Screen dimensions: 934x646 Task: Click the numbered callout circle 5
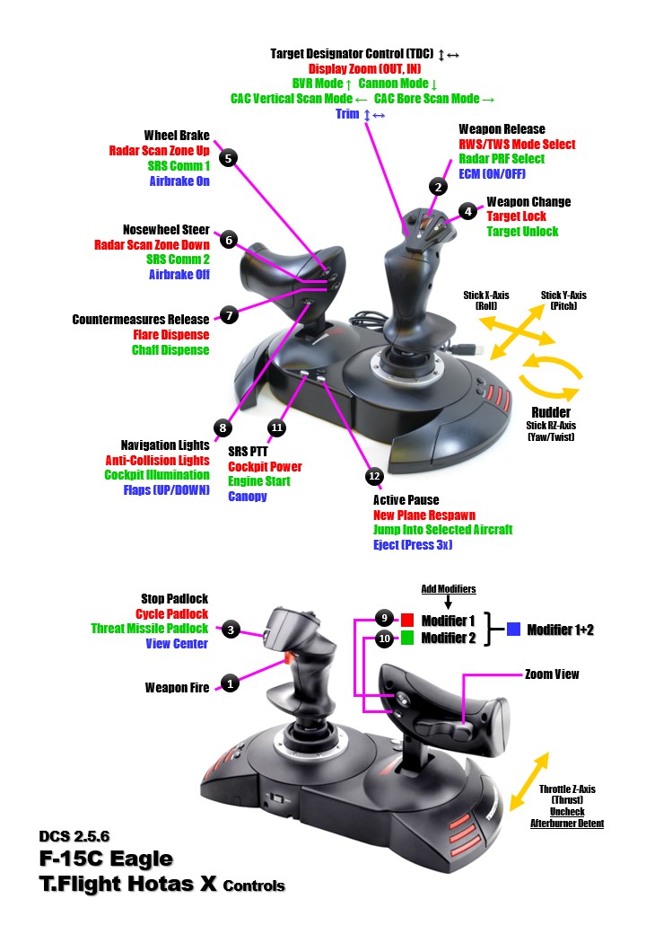pos(229,158)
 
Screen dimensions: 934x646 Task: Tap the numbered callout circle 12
pos(373,474)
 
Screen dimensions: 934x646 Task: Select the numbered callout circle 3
pos(231,630)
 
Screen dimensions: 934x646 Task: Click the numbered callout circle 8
pos(223,427)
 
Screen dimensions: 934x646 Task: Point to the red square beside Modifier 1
pos(406,620)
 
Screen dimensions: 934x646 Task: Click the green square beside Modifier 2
pos(406,639)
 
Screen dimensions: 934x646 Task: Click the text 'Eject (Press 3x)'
pos(413,544)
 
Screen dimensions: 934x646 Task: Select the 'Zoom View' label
pos(552,674)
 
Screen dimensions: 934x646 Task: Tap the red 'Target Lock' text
pos(516,216)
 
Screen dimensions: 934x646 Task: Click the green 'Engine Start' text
pos(258,481)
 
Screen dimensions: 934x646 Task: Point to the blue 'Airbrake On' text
pos(179,181)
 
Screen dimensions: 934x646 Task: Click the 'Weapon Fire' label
pos(177,688)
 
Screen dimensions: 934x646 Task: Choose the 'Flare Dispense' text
pos(170,335)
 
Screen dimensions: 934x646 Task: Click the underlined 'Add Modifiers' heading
pos(449,589)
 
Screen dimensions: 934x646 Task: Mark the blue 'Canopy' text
pos(248,496)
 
